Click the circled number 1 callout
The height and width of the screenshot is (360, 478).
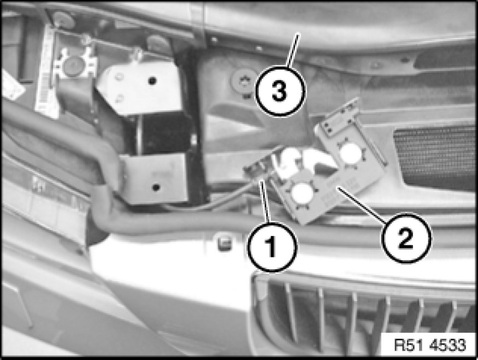272,246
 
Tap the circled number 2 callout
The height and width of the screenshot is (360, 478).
406,238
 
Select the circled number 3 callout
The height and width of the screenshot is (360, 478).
280,91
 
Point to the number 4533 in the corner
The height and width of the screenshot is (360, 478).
448,345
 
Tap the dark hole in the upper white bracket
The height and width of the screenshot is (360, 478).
152,81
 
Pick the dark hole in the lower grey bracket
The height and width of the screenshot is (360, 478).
156,187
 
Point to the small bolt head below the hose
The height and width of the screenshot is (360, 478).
225,243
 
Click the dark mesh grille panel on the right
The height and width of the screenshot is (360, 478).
436,156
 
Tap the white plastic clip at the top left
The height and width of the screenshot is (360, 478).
75,64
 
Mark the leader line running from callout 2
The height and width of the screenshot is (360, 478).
362,204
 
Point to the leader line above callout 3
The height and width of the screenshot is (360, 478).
293,50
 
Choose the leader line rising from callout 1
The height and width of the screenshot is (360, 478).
265,202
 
